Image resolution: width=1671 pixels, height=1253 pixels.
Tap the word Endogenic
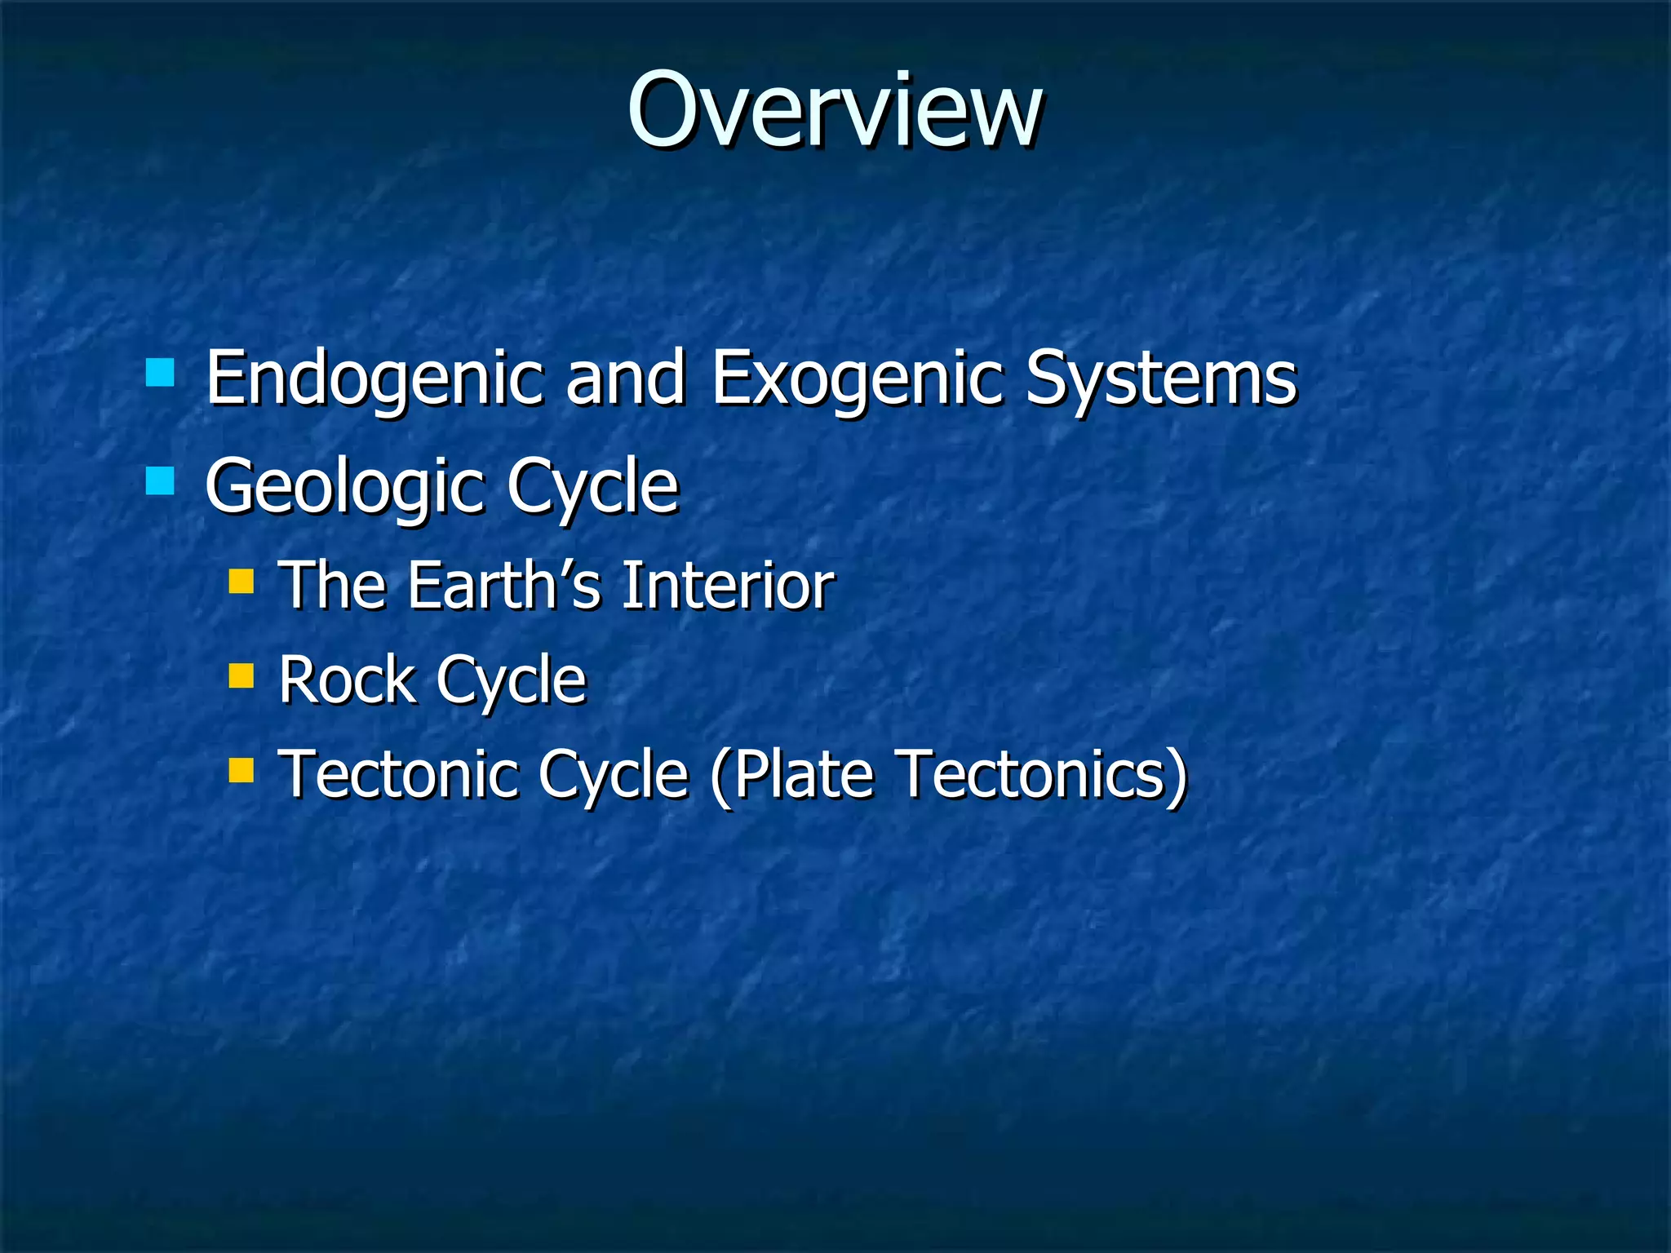(374, 379)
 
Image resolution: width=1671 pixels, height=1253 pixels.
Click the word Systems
(1160, 379)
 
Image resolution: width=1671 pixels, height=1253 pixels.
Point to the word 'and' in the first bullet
(625, 379)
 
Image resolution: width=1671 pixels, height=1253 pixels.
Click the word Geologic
(343, 488)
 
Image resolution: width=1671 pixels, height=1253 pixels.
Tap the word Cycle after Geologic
(592, 488)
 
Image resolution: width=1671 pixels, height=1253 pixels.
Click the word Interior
(728, 586)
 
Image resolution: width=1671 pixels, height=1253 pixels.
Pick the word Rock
(347, 680)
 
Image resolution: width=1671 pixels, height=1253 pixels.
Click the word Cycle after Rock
(511, 681)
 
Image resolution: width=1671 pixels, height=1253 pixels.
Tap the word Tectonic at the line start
(397, 774)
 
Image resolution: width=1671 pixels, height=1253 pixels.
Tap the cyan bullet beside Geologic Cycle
(160, 480)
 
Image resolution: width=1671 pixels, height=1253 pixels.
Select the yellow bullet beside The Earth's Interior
(241, 581)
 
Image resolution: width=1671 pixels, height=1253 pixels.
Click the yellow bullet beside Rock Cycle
(241, 675)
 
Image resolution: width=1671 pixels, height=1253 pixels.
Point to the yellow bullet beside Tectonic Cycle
(241, 769)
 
